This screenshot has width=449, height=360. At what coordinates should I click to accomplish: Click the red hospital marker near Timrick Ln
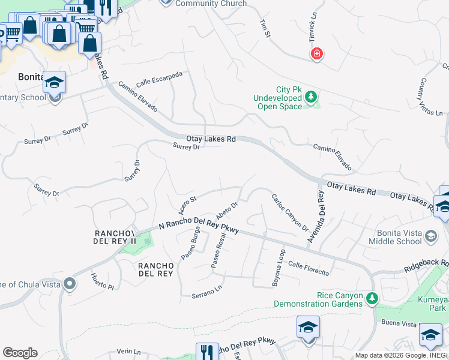[x=316, y=55]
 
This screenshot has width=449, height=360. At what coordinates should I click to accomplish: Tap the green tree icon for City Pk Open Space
[x=311, y=96]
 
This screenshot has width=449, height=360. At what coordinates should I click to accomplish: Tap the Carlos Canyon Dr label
[x=289, y=213]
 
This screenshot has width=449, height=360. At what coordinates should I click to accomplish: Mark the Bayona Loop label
[x=279, y=268]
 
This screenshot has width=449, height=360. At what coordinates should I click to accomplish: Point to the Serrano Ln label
[x=207, y=292]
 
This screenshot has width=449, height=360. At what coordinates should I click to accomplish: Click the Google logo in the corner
[x=20, y=353]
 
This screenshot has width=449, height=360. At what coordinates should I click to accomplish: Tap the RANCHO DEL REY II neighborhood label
[x=116, y=237]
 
